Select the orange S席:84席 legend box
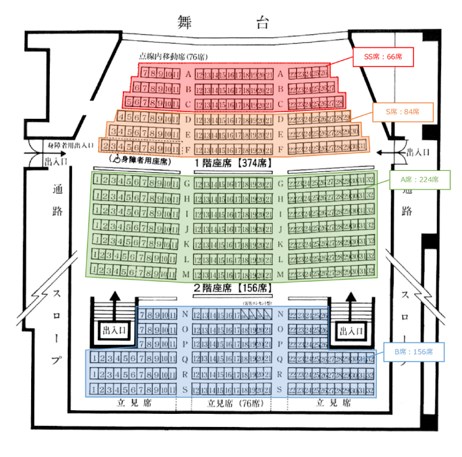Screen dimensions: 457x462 pos(403,111)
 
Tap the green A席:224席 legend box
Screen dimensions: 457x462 pos(419,180)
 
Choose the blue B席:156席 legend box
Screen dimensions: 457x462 pos(413,351)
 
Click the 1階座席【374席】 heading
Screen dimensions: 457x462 pos(231,163)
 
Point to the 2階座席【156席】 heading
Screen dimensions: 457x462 pos(231,288)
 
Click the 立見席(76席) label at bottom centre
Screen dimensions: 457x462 pos(231,404)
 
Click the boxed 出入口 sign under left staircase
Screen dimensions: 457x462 pos(114,330)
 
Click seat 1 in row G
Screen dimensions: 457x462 pos(97,181)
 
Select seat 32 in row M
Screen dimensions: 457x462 pos(370,273)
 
